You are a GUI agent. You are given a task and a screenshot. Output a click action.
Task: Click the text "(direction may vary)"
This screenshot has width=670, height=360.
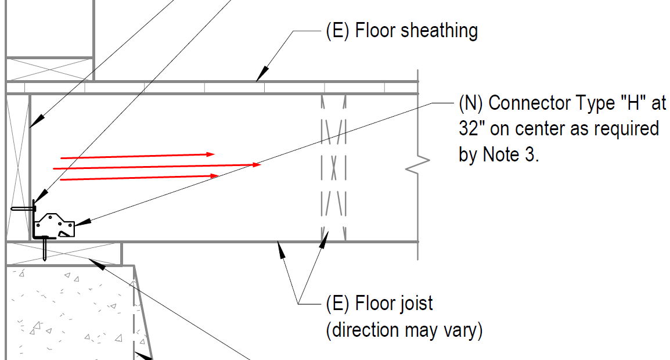(x=404, y=330)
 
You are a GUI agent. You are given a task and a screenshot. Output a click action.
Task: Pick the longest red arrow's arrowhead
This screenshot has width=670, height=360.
(x=257, y=164)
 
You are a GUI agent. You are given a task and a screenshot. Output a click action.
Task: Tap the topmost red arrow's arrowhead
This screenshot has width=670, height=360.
(x=210, y=154)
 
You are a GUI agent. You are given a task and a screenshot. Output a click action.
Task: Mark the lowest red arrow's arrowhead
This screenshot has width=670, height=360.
(x=214, y=175)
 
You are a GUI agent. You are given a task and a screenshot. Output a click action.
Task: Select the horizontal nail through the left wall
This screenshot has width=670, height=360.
(x=23, y=208)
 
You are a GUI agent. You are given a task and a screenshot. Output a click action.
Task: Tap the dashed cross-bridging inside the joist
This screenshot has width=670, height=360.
(x=333, y=168)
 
